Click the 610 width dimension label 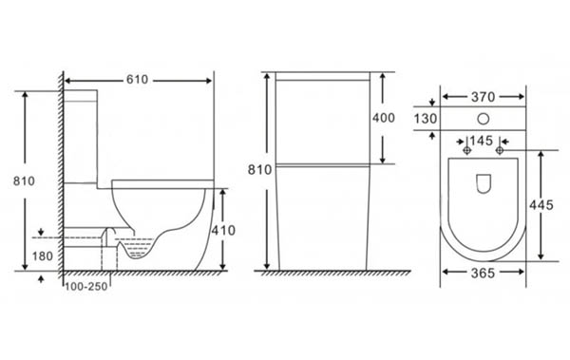click(137, 79)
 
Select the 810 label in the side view click(24, 180)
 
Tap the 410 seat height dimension click(223, 230)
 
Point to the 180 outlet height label click(43, 256)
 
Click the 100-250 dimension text click(86, 287)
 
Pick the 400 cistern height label click(384, 118)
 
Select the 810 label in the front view click(259, 170)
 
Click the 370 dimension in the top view click(484, 97)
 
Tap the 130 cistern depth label click(426, 119)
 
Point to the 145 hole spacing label click(482, 141)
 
